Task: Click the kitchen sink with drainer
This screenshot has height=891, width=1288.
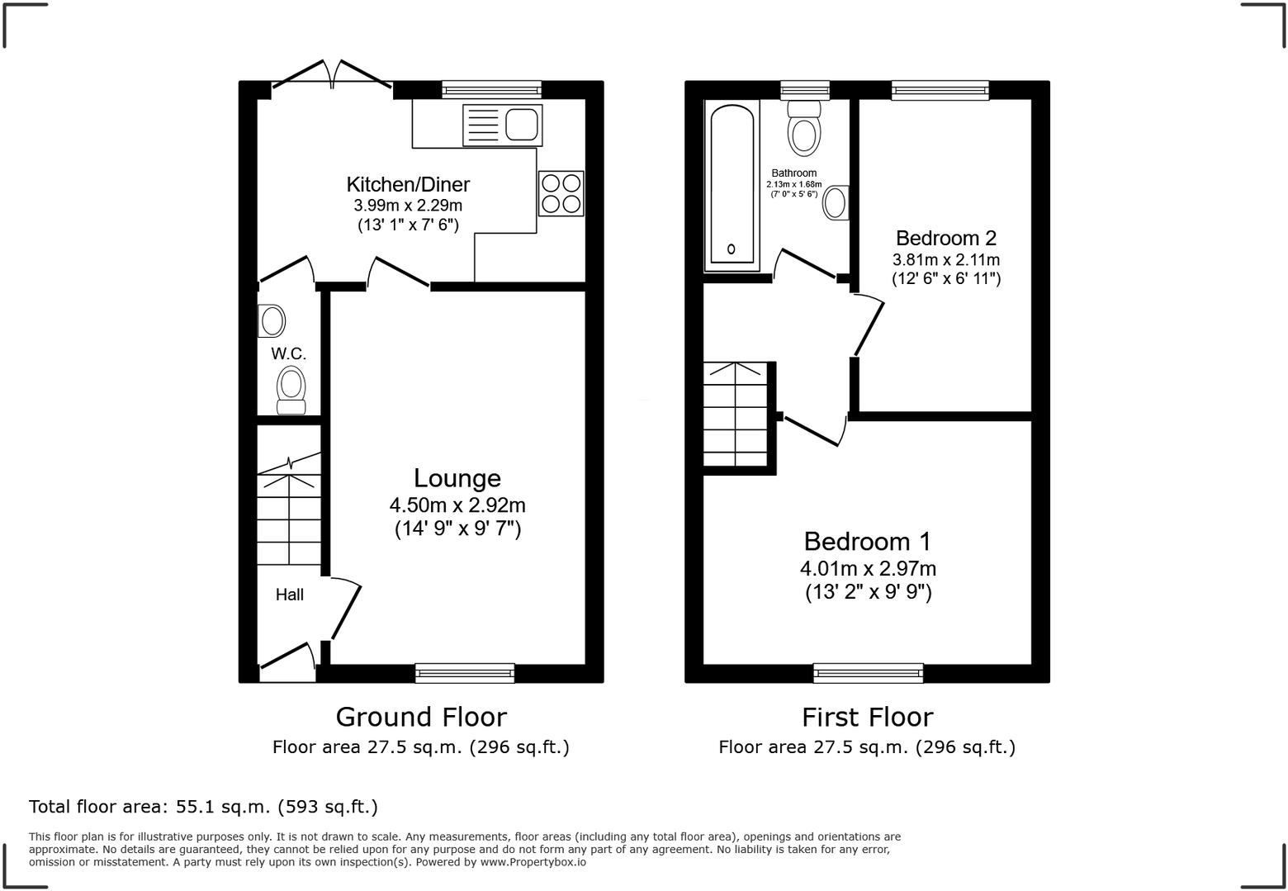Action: (502, 126)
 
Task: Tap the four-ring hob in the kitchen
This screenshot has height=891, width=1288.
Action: (561, 193)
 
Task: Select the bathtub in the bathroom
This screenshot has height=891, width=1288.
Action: (732, 185)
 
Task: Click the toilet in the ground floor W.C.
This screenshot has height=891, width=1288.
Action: (291, 390)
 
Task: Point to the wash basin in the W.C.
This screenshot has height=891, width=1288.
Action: (271, 321)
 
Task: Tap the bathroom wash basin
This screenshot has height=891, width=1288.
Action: (836, 202)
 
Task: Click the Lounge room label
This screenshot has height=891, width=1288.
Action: (457, 478)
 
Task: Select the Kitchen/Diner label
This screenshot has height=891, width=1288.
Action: (408, 184)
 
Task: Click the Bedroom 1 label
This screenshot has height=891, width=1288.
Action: (867, 542)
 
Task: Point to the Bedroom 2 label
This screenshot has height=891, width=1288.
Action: (946, 239)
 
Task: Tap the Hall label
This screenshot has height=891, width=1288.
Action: (289, 595)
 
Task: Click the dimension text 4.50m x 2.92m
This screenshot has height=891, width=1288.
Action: (457, 505)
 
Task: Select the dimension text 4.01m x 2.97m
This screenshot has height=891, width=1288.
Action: (868, 569)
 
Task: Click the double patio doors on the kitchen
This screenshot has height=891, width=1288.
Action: (332, 76)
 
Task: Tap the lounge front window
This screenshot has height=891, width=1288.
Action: (465, 673)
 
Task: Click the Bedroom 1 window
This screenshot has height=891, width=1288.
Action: (868, 673)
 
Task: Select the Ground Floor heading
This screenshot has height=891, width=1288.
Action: (421, 717)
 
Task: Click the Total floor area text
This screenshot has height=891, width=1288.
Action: (203, 807)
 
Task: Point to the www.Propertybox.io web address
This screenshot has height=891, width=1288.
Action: (533, 862)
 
